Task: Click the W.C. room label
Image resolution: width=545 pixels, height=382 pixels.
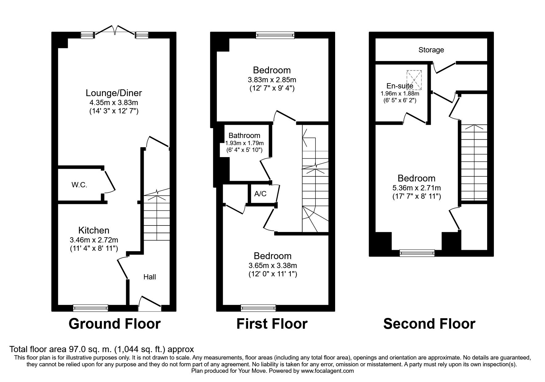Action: click(x=79, y=185)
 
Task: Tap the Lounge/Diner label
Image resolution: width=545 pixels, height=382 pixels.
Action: click(x=114, y=93)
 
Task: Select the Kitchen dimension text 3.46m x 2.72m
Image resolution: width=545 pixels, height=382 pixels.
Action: click(x=94, y=240)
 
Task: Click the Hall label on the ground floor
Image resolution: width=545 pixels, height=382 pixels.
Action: click(x=150, y=277)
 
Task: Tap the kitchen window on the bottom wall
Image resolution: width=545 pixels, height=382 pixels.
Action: click(x=90, y=307)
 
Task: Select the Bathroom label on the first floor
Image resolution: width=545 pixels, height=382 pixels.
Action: click(x=244, y=136)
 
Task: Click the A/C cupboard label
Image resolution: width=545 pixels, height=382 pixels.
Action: click(x=260, y=194)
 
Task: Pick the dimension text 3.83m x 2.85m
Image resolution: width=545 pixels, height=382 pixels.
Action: click(x=272, y=80)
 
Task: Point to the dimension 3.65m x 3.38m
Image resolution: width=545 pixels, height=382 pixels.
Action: click(x=273, y=265)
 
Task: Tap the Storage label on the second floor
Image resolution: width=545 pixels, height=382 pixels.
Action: click(x=431, y=50)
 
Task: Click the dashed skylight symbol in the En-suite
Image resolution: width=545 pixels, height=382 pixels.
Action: click(x=414, y=80)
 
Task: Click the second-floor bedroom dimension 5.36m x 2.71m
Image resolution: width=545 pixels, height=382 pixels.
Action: click(x=417, y=188)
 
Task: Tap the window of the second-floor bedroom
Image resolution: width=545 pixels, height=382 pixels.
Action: click(x=417, y=253)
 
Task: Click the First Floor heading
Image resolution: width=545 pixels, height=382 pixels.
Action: click(x=272, y=324)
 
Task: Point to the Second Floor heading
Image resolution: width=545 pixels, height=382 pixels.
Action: click(x=429, y=324)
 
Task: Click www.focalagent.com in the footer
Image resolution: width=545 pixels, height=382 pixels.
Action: click(x=327, y=371)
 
